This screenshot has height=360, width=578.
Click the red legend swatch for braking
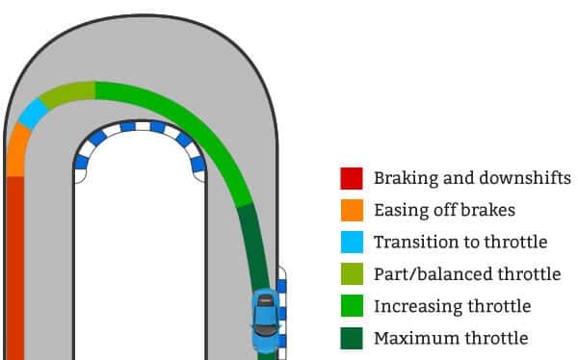click(x=351, y=178)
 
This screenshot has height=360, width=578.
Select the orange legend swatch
click(x=351, y=210)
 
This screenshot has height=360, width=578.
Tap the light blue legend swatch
click(x=351, y=242)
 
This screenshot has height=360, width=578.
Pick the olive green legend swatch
click(x=351, y=274)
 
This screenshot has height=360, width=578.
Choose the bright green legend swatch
click(x=351, y=306)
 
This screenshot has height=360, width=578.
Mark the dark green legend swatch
click(x=351, y=338)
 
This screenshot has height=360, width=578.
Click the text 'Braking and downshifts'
click(x=472, y=178)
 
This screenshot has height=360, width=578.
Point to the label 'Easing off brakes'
click(x=444, y=210)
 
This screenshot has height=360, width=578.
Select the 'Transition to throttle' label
click(x=460, y=242)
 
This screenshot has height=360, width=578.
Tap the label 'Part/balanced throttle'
click(x=466, y=274)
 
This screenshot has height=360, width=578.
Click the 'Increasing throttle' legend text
click(x=452, y=306)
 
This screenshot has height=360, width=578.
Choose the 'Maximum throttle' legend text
click(x=451, y=338)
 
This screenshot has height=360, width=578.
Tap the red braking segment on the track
click(x=13, y=270)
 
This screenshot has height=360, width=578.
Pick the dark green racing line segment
click(x=252, y=245)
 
